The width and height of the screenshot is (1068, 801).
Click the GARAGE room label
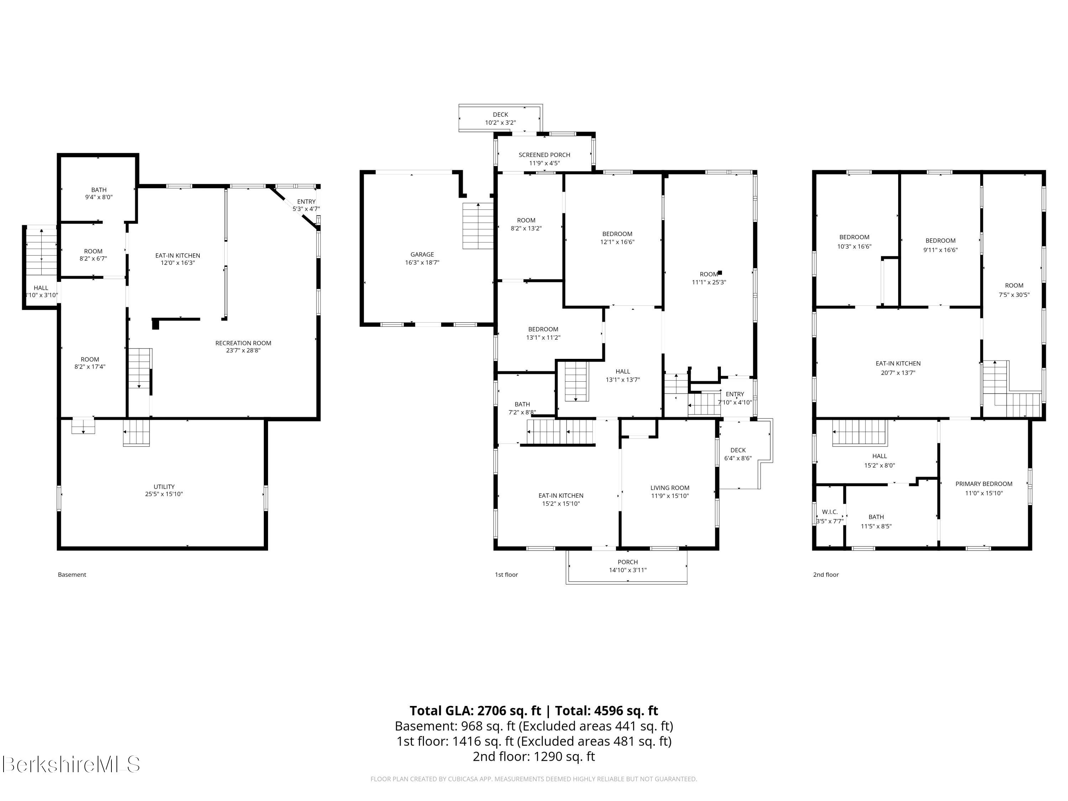pyautogui.click(x=422, y=255)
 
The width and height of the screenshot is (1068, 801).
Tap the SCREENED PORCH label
pyautogui.click(x=544, y=155)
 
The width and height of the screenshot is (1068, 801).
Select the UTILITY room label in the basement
pyautogui.click(x=164, y=487)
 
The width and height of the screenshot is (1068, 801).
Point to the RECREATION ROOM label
pyautogui.click(x=244, y=343)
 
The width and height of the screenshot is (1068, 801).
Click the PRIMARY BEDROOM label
pyautogui.click(x=984, y=484)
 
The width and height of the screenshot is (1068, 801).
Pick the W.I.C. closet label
pyautogui.click(x=830, y=512)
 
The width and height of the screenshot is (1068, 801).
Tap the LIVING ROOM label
pyautogui.click(x=670, y=488)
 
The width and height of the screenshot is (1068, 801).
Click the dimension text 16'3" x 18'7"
pyautogui.click(x=422, y=263)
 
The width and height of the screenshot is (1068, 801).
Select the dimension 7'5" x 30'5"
pyautogui.click(x=1014, y=294)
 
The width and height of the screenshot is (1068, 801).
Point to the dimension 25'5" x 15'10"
pyautogui.click(x=164, y=494)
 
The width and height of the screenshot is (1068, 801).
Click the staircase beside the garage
pyautogui.click(x=478, y=226)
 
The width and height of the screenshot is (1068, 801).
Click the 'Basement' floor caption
pyautogui.click(x=72, y=575)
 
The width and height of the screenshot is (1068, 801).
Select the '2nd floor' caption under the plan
pyautogui.click(x=826, y=575)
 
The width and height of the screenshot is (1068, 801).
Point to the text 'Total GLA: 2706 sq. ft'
pyautogui.click(x=476, y=711)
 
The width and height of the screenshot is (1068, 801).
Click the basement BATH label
pyautogui.click(x=99, y=190)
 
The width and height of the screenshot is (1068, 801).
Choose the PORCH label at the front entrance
pyautogui.click(x=628, y=562)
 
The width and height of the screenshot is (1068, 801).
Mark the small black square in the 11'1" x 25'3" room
pyautogui.click(x=720, y=273)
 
